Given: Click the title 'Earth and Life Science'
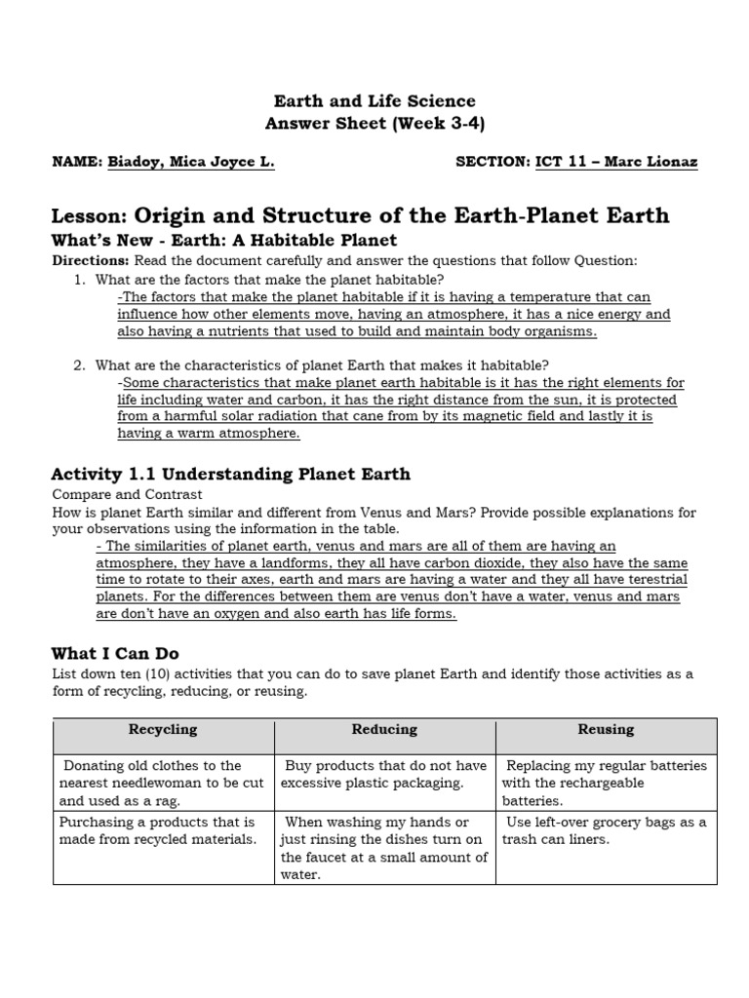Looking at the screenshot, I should pos(374,101).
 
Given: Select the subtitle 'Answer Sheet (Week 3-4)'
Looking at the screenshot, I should pos(374,124).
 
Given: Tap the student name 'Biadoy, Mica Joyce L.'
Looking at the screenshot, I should pos(190,163).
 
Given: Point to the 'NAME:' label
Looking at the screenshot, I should pos(76,163).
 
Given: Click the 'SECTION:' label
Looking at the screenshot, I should pos(493,163).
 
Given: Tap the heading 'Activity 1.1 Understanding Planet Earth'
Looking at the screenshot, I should pos(230,475).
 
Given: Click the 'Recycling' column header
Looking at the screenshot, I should pos(163,730).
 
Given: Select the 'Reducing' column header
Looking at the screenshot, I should pos(384,730).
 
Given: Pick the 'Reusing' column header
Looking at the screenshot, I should pos(606,730).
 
